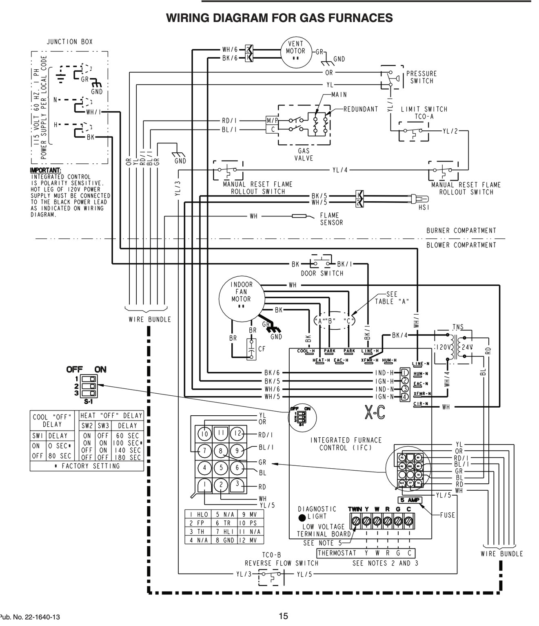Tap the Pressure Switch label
point(421,77)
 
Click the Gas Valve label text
point(304,154)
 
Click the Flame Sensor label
point(331,218)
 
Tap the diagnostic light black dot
point(302,518)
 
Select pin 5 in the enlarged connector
point(221,468)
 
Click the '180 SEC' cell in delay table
point(128,457)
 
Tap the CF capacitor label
point(262,349)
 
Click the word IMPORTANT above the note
point(45,170)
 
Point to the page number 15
point(283,616)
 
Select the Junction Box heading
point(69,42)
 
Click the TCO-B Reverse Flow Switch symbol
point(270,574)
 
